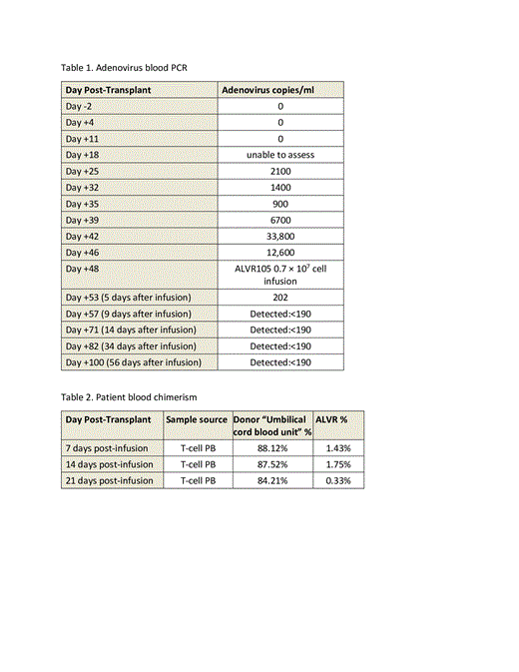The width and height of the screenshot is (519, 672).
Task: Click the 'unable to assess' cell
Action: [x=280, y=155]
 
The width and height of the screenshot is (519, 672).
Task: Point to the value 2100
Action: [x=280, y=171]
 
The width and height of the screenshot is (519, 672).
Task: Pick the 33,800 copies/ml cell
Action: [x=280, y=236]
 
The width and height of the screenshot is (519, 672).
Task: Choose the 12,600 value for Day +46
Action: [x=280, y=252]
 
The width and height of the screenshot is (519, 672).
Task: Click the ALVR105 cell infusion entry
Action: [x=280, y=275]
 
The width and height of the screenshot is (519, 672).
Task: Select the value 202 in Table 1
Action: [x=280, y=297]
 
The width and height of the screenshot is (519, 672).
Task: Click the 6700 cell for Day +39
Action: [x=280, y=220]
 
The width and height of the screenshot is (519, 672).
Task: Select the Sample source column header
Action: [x=198, y=420]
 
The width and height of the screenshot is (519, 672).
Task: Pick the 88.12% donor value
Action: [x=271, y=448]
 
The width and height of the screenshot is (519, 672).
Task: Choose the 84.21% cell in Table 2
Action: [x=271, y=480]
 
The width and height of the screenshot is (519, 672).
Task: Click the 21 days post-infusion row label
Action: [x=110, y=480]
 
